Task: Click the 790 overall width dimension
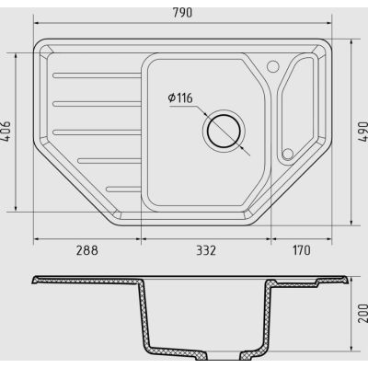(x=182, y=13)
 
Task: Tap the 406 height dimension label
(x=6, y=131)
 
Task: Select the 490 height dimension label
(x=362, y=132)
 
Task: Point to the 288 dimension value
(x=87, y=250)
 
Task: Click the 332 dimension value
(x=206, y=250)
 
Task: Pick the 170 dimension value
(x=302, y=250)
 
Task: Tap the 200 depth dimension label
(x=362, y=313)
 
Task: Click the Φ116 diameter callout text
(x=180, y=98)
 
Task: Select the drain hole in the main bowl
(x=224, y=132)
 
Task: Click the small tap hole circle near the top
(x=272, y=66)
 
